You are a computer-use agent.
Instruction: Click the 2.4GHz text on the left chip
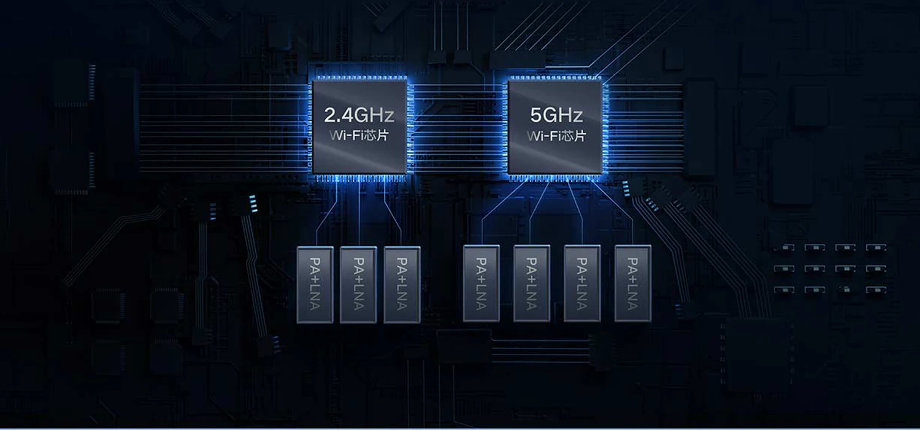(359, 115)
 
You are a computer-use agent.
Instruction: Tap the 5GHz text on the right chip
(556, 115)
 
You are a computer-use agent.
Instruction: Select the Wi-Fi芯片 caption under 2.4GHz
(359, 135)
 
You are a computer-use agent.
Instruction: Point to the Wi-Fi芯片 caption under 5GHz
(556, 135)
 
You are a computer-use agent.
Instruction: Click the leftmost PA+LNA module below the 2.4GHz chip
(315, 284)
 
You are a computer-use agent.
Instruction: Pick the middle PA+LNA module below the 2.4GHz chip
(358, 284)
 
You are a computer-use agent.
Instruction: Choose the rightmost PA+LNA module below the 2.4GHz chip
(402, 284)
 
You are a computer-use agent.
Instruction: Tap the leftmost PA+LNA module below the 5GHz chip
(481, 283)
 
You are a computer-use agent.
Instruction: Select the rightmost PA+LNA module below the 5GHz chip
(632, 283)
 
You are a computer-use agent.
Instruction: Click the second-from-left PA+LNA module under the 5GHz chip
(532, 283)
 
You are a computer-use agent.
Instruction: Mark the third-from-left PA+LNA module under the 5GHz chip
(582, 283)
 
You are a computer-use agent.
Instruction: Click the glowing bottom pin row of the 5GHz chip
(556, 178)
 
